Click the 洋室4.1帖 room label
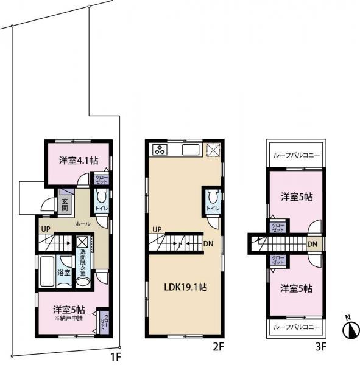tap(78, 162)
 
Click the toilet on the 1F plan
tap(102, 197)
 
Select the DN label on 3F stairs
tap(312, 245)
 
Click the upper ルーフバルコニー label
tap(297, 155)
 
